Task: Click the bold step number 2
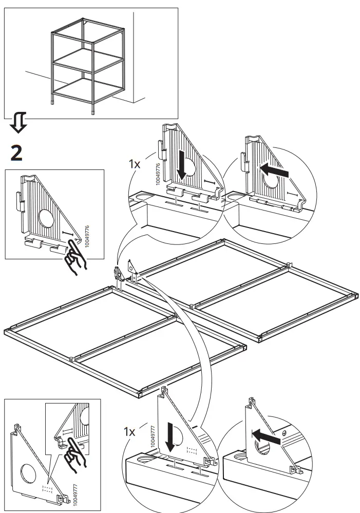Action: click(16, 153)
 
